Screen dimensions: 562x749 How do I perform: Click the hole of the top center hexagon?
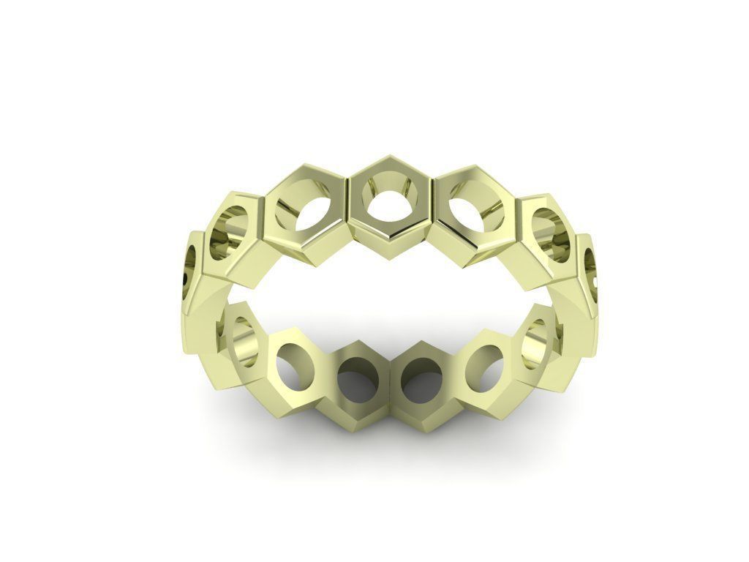[x=389, y=198]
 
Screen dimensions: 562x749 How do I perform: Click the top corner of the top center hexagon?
[x=389, y=156]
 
